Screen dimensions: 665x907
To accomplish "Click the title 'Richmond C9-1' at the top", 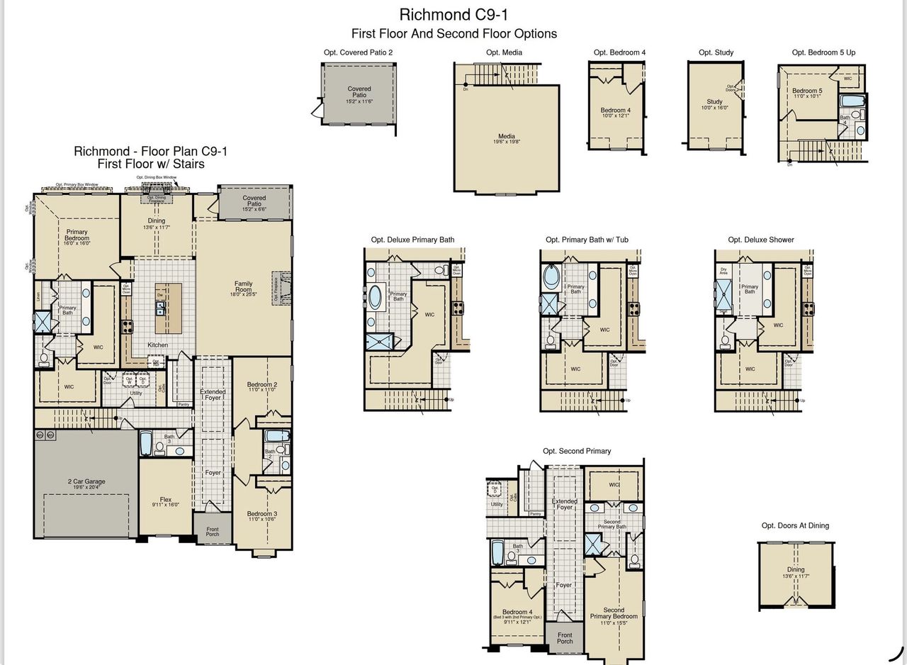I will coord(453,14).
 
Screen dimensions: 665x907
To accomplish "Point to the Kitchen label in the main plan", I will coord(157,345).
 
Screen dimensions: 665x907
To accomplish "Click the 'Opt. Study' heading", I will coord(716,52).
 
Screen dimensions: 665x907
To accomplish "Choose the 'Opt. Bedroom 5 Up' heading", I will coord(823,52).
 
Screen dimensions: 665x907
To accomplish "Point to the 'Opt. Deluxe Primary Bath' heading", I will coord(412,240).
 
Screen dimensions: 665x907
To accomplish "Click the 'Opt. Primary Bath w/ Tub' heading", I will coord(587,240).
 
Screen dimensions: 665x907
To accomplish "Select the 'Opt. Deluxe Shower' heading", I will coord(760,240).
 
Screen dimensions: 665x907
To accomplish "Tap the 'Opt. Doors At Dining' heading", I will coord(795,525).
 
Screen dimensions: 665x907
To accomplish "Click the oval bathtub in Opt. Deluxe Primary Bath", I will coord(375,296).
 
